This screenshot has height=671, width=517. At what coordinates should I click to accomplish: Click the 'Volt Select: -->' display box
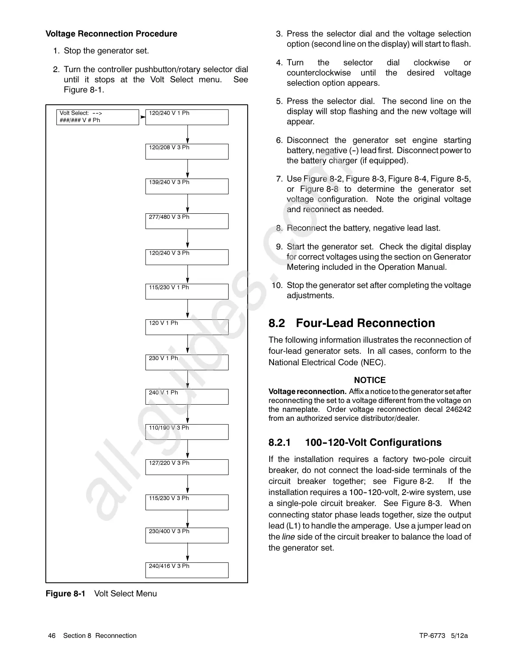click(x=98, y=117)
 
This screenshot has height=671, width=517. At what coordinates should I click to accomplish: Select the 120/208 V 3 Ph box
click(x=187, y=151)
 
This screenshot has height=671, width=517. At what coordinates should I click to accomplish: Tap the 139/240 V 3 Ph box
click(x=187, y=186)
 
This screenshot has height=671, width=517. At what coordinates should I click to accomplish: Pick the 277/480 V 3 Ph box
click(x=187, y=221)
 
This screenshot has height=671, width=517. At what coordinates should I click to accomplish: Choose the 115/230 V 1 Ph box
click(x=187, y=291)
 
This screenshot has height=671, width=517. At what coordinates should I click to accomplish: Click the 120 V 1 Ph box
click(x=187, y=327)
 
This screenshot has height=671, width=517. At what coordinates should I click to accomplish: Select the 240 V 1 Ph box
click(x=187, y=397)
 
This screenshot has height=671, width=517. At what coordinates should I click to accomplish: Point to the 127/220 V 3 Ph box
click(x=187, y=467)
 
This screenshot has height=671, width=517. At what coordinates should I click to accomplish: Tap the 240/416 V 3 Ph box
click(x=187, y=570)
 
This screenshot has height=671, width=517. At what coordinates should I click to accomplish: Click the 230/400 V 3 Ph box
click(x=187, y=535)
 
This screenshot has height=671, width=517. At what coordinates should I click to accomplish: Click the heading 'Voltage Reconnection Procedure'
click(x=111, y=34)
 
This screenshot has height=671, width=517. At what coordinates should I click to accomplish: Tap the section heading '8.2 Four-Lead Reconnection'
click(x=352, y=323)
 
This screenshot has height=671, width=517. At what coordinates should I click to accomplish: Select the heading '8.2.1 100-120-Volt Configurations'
click(x=355, y=442)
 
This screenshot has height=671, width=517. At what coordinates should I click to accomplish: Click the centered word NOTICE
click(x=370, y=380)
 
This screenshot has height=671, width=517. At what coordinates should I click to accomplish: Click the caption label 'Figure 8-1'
click(x=65, y=593)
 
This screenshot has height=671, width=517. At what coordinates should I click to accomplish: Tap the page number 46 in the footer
click(x=52, y=635)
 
